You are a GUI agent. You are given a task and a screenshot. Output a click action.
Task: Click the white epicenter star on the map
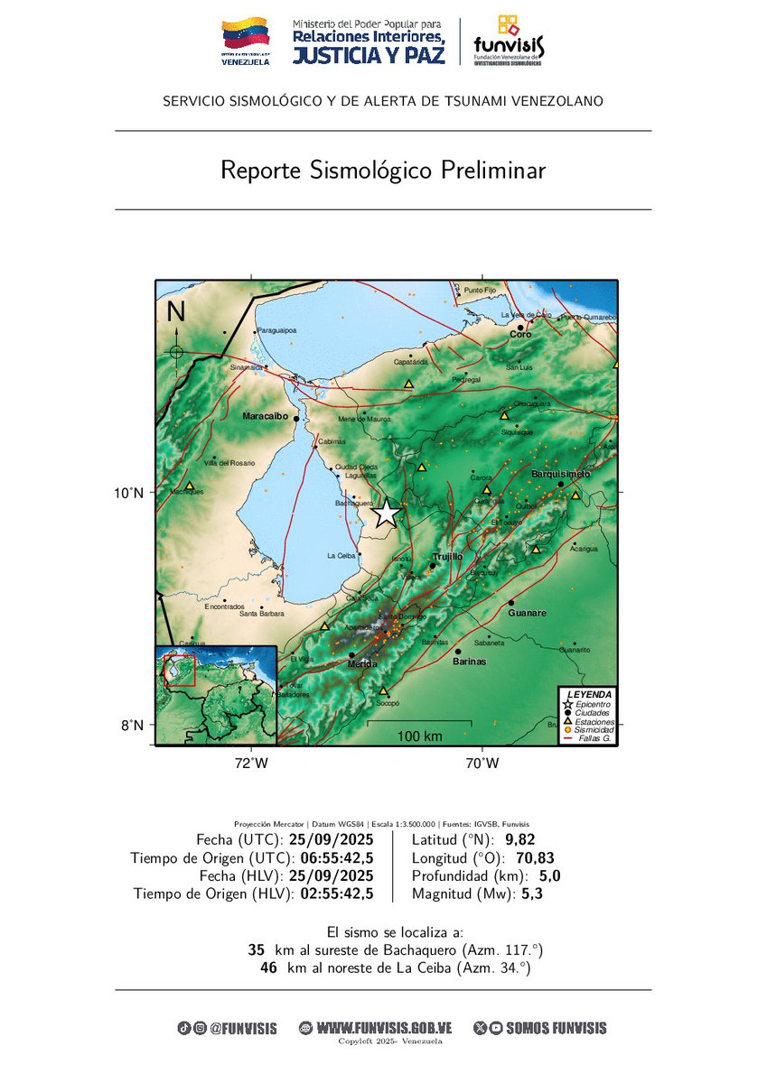tap(386, 513)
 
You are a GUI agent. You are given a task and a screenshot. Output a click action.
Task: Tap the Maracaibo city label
tap(265, 417)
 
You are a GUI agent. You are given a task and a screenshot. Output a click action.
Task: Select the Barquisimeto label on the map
tap(560, 474)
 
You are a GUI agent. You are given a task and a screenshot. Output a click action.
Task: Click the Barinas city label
tap(470, 662)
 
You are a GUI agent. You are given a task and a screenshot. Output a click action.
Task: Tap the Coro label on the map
tap(521, 335)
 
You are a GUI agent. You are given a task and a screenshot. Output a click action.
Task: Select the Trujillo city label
tap(447, 557)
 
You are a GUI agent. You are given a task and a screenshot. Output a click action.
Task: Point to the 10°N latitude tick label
tap(128, 493)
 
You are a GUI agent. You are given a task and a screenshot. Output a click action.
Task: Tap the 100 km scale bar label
tap(419, 736)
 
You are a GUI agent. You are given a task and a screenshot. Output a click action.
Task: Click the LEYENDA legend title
tap(588, 694)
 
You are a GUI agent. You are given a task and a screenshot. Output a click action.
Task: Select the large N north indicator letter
tap(176, 312)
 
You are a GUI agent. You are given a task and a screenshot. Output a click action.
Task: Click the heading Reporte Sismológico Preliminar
tap(383, 171)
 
